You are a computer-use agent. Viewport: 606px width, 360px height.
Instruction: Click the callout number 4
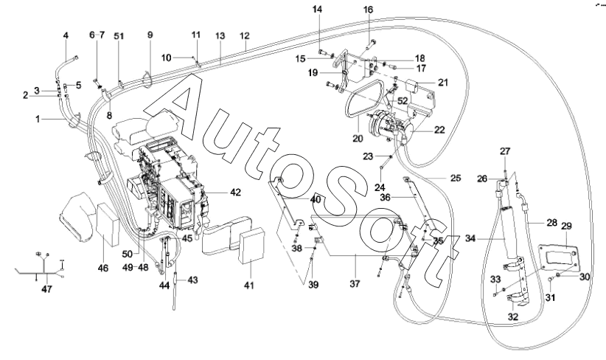66,35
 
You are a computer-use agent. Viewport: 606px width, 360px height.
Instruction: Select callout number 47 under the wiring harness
46,289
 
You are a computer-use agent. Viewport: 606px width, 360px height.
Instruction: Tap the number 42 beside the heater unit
235,193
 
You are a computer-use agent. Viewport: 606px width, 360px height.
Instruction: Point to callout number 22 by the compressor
439,130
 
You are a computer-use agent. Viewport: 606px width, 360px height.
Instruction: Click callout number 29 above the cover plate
566,226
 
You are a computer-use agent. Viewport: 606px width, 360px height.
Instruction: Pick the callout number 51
119,36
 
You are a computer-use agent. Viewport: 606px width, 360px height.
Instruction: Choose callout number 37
355,283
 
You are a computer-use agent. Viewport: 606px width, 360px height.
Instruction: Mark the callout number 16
369,10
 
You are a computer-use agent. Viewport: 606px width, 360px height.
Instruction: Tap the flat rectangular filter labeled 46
108,225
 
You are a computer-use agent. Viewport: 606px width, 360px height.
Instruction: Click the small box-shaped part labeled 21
413,86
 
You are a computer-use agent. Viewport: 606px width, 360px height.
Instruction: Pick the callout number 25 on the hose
456,178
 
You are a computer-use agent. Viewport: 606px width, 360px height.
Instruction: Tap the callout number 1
38,119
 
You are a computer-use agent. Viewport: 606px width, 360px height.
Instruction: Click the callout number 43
192,279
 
